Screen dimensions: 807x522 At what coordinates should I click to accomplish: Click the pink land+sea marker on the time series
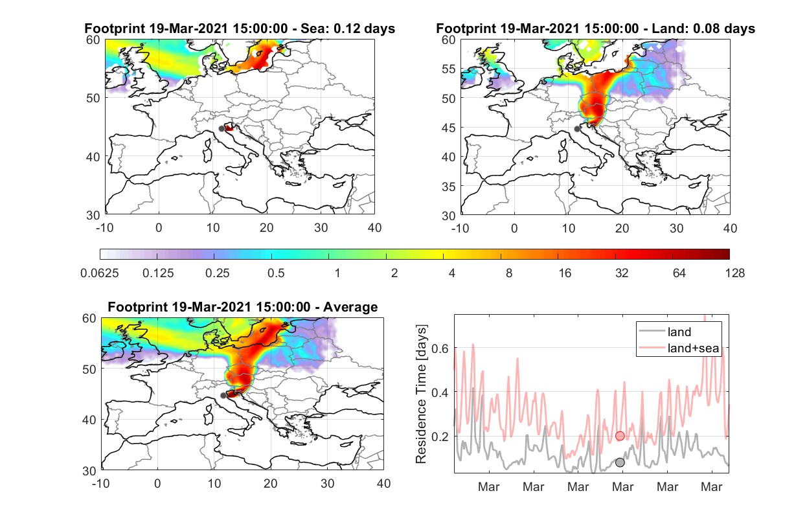click(x=620, y=436)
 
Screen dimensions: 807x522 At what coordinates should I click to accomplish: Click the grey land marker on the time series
click(x=620, y=462)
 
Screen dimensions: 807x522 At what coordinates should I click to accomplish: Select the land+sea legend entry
click(x=679, y=348)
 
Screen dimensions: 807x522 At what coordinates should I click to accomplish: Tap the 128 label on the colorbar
click(x=735, y=273)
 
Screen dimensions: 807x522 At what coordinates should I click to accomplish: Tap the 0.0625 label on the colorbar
click(x=100, y=273)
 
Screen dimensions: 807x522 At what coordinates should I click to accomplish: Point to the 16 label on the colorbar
click(x=565, y=273)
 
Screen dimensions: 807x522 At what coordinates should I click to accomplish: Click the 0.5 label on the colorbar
click(x=276, y=273)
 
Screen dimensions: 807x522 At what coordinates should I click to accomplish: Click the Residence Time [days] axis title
click(x=421, y=394)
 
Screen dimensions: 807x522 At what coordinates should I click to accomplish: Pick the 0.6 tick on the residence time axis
click(x=440, y=348)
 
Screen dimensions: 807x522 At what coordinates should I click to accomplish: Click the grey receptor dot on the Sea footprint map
click(x=222, y=129)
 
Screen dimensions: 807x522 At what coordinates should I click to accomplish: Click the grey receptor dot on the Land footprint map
click(x=577, y=129)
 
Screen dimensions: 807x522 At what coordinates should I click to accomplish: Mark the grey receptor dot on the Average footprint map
click(x=223, y=395)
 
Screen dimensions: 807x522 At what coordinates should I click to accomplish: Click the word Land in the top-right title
click(x=668, y=28)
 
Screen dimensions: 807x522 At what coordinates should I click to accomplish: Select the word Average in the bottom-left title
click(x=350, y=307)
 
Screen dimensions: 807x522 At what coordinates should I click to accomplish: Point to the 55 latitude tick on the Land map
click(x=449, y=69)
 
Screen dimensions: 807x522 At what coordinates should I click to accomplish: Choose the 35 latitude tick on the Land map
click(x=449, y=187)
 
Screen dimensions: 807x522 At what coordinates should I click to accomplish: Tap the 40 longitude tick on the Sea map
click(x=374, y=228)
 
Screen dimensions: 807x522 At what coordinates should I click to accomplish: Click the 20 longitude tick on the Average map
click(x=271, y=483)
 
